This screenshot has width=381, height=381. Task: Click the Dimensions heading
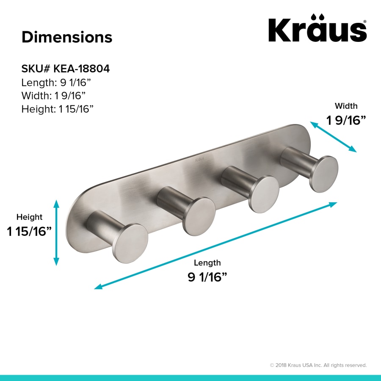(x=67, y=37)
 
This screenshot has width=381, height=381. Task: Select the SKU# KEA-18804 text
(x=66, y=69)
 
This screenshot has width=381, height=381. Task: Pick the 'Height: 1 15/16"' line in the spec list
(x=57, y=109)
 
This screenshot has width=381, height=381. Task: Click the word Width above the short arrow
(x=346, y=106)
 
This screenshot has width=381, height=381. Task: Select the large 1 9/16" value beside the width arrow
(x=346, y=121)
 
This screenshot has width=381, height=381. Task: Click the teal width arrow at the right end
(x=334, y=137)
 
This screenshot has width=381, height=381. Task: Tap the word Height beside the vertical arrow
(x=29, y=217)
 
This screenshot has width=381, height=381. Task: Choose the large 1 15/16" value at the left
(x=29, y=232)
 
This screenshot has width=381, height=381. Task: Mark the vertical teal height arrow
(x=56, y=233)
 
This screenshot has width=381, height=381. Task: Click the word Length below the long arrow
(x=207, y=263)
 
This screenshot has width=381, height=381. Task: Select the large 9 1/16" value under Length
(x=207, y=277)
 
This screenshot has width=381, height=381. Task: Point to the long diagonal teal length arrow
(x=215, y=246)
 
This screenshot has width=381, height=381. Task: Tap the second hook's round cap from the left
(x=199, y=216)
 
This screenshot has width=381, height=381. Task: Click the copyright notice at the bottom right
(x=318, y=365)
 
